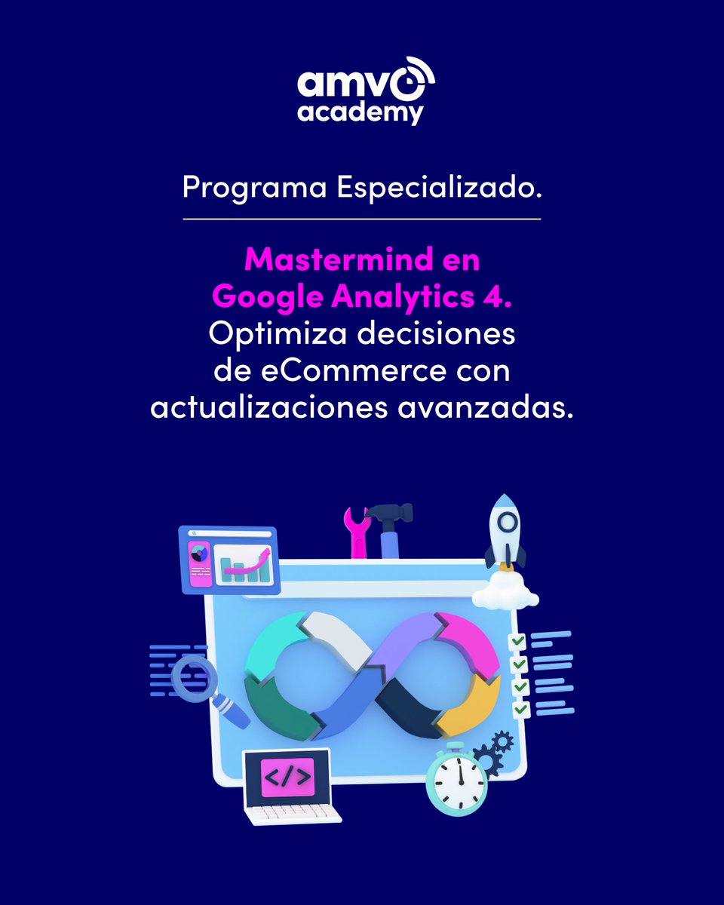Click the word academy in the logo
(x=360, y=112)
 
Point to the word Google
(x=267, y=296)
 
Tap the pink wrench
(x=355, y=529)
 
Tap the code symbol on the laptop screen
(x=287, y=778)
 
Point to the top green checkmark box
(x=517, y=642)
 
